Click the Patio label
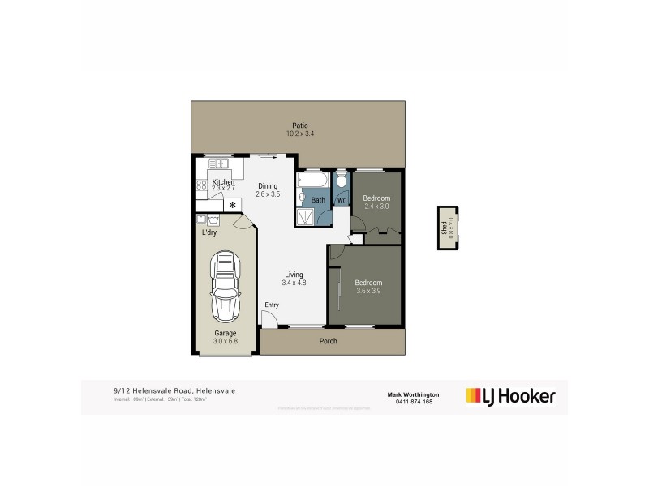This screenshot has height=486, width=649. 300,126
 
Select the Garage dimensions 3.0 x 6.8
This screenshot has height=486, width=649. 225,341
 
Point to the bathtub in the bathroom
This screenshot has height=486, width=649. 312,180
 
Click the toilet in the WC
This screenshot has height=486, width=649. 342,181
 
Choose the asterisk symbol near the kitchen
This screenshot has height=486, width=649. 234,206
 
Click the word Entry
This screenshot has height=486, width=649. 271,305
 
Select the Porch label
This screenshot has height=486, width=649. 327,341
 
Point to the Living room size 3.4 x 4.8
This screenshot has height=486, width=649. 293,283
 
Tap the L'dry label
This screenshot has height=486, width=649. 209,233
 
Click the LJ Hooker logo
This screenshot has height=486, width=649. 510,396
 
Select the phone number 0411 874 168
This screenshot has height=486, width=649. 414,402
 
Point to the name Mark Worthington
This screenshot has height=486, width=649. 414,394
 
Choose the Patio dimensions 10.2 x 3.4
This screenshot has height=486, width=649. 300,134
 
